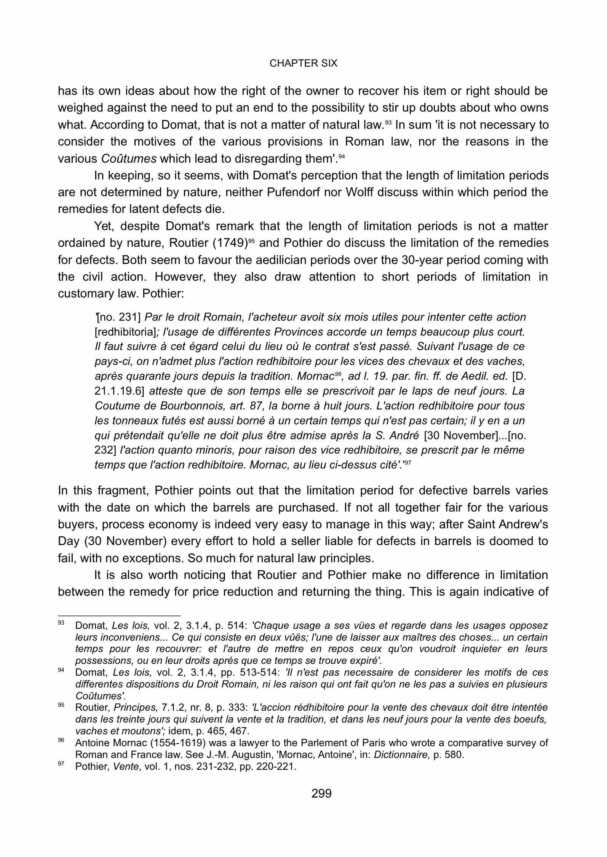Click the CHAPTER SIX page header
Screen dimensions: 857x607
[303, 64]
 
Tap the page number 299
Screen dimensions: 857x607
[321, 793]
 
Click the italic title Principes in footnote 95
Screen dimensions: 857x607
[136, 707]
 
